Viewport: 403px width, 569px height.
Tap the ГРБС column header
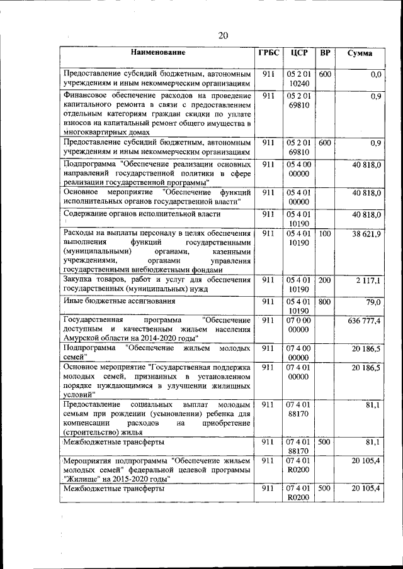268,53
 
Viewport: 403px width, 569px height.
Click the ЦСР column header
298,53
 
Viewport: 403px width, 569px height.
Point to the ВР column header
325,53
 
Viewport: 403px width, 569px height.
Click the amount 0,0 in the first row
376,74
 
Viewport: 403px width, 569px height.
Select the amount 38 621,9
366,233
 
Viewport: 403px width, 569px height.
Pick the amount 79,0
374,302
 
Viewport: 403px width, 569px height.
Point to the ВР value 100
325,233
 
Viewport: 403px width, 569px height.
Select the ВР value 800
325,302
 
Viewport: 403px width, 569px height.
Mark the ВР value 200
325,280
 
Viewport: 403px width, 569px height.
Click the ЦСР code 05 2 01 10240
298,79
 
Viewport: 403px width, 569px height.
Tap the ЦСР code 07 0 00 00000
298,325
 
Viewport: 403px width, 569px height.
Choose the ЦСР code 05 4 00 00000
298,169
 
